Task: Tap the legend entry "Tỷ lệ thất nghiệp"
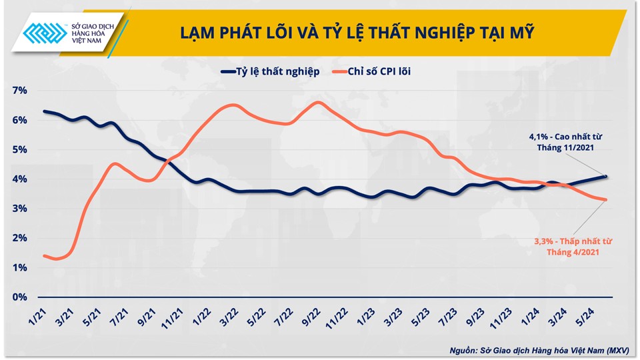pyautogui.click(x=269, y=71)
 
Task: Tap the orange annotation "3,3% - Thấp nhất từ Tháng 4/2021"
pyautogui.click(x=572, y=247)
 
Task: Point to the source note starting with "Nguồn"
pyautogui.click(x=539, y=349)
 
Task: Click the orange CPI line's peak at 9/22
pyautogui.click(x=319, y=102)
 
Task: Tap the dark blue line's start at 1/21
pyautogui.click(x=44, y=111)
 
